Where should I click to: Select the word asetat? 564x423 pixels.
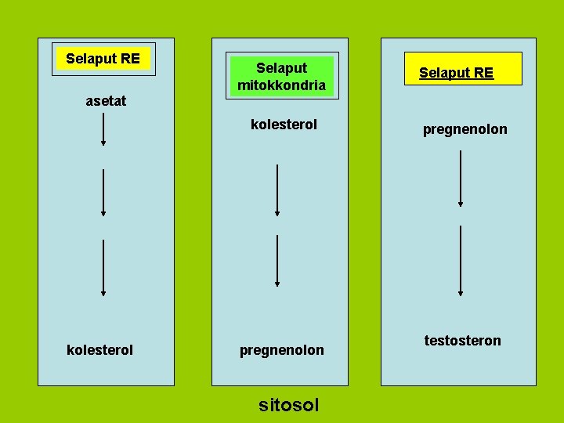click(106, 101)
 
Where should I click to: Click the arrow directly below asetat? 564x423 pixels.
click(103, 129)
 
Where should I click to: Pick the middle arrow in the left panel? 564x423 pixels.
click(103, 192)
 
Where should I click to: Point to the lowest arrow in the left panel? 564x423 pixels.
click(103, 267)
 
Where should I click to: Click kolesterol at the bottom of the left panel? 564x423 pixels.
click(100, 349)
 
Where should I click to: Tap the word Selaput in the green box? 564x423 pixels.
click(281, 68)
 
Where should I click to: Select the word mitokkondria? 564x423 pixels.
click(281, 85)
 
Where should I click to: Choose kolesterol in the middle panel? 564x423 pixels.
click(284, 125)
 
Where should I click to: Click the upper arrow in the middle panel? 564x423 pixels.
click(277, 190)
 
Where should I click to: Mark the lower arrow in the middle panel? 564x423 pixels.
click(277, 262)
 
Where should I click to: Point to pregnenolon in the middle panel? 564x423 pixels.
click(282, 350)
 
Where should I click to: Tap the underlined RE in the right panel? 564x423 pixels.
click(484, 73)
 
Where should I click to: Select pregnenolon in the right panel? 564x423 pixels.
click(465, 129)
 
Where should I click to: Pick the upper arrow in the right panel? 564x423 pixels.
click(461, 179)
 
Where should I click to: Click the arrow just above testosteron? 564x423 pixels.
click(461, 261)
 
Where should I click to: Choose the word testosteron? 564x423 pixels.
click(463, 340)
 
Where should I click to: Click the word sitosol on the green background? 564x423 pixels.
click(289, 405)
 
